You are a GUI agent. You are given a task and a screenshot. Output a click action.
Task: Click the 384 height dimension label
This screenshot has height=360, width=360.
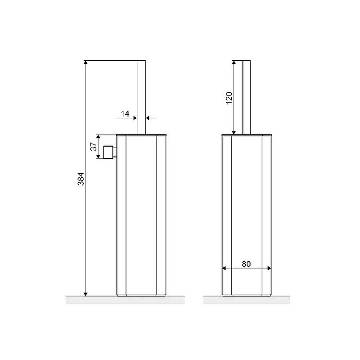pyautogui.click(x=81, y=179)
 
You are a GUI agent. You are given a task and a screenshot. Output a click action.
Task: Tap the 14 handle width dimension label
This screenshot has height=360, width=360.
pyautogui.click(x=125, y=113)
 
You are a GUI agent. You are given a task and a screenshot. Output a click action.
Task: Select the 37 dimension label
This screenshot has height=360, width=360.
pyautogui.click(x=94, y=147)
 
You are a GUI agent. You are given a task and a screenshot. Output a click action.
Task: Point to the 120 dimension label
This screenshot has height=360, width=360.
pyautogui.click(x=229, y=98)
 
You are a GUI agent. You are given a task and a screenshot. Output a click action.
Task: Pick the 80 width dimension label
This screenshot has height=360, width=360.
pyautogui.click(x=246, y=264)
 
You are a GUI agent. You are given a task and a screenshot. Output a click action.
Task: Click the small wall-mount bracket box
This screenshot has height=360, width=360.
pyautogui.click(x=110, y=152)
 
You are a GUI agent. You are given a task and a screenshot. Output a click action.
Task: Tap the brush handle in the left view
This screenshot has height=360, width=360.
pyautogui.click(x=141, y=97)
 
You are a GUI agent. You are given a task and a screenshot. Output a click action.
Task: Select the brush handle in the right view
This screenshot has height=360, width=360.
pyautogui.click(x=247, y=97)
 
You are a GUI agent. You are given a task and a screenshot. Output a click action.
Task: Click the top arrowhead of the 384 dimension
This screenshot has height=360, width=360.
pyautogui.click(x=85, y=63)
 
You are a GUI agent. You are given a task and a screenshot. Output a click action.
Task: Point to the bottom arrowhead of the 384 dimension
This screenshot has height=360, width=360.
pyautogui.click(x=85, y=294)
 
